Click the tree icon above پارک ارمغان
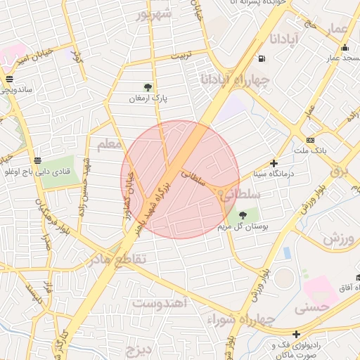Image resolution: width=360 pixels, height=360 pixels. point(148,87)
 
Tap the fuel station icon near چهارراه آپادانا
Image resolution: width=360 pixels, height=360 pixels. point(262,59)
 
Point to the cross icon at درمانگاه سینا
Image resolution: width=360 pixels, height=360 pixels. point(274,162)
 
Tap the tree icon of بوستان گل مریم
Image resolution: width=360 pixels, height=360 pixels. point(243,215)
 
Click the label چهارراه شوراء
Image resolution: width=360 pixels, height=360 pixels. point(235,319)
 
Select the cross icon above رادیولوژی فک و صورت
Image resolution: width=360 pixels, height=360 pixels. point(297,333)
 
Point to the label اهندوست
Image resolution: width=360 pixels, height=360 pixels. point(158,303)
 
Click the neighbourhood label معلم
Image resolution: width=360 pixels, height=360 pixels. point(109,145)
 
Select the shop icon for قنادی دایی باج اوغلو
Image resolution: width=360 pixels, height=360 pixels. point(37,160)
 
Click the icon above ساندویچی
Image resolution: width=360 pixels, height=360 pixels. point(8,79)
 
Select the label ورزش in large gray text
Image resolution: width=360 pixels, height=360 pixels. point(341,240)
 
